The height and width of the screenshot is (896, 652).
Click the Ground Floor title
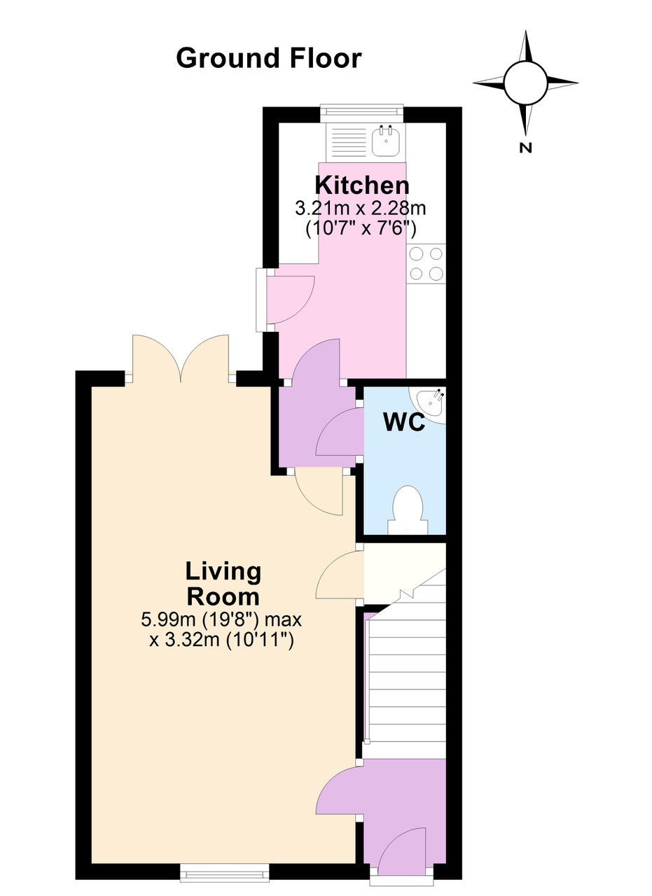(x=268, y=58)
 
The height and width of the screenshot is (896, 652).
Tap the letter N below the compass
(x=526, y=148)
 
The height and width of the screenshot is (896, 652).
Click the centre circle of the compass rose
(x=525, y=82)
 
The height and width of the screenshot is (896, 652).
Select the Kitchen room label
(x=361, y=185)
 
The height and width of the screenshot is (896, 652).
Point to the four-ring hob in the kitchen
(x=426, y=264)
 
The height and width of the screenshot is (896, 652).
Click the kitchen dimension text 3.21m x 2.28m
(x=361, y=209)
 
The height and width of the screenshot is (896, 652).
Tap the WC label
(x=404, y=423)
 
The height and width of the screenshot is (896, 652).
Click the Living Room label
(x=223, y=584)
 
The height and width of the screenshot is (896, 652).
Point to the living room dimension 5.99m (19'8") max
(x=221, y=619)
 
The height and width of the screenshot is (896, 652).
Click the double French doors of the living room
(x=180, y=359)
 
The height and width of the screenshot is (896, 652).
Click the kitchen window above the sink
(x=362, y=112)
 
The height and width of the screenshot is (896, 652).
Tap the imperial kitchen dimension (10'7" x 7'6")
(x=361, y=227)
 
